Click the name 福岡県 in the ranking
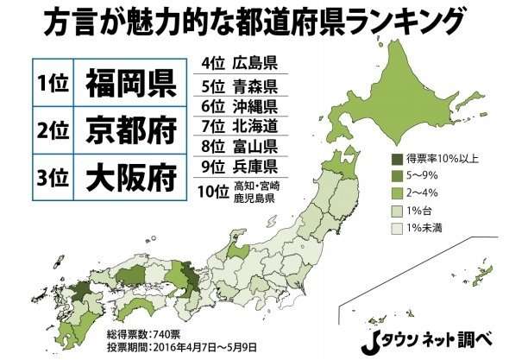click(x=130, y=84)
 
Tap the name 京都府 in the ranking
click(x=130, y=132)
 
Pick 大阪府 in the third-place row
click(x=130, y=180)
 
